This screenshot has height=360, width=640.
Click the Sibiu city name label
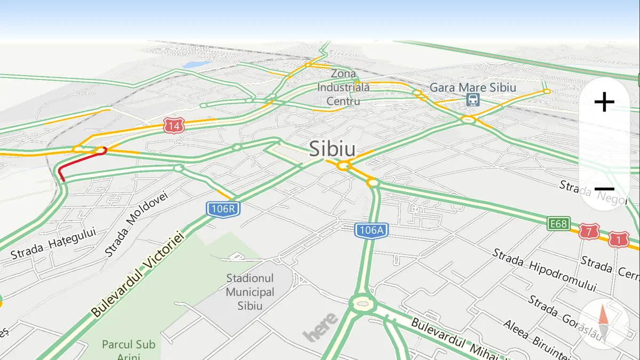(332, 148)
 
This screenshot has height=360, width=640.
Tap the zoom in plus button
(604, 102)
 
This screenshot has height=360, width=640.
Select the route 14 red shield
(173, 126)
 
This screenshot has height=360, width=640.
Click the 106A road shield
(371, 230)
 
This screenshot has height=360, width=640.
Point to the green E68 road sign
(558, 222)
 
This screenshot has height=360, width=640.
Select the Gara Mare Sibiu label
(473, 87)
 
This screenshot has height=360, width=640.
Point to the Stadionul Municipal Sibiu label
(250, 292)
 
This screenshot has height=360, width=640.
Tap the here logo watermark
(321, 326)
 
